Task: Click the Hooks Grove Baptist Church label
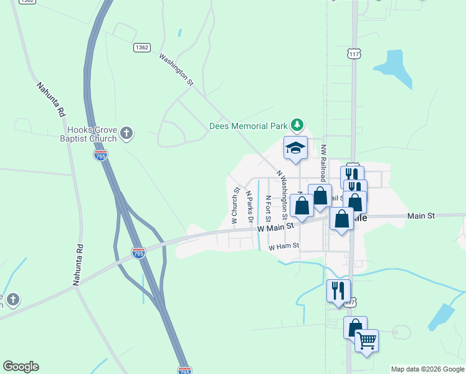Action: [92, 134]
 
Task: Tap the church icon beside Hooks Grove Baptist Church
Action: [126, 132]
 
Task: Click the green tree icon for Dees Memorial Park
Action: [298, 125]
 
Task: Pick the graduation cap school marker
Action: [296, 148]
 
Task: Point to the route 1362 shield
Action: [142, 47]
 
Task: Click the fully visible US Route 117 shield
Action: [354, 55]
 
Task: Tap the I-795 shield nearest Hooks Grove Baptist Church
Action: [100, 155]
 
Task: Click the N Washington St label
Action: [286, 193]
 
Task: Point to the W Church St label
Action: [235, 205]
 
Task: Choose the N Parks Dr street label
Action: [249, 207]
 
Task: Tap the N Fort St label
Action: [268, 208]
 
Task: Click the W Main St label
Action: [275, 229]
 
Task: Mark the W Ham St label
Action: [284, 247]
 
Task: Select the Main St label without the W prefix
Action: [421, 216]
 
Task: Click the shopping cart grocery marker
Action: [366, 340]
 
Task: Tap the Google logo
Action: [21, 367]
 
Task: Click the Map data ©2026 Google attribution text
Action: [427, 369]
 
